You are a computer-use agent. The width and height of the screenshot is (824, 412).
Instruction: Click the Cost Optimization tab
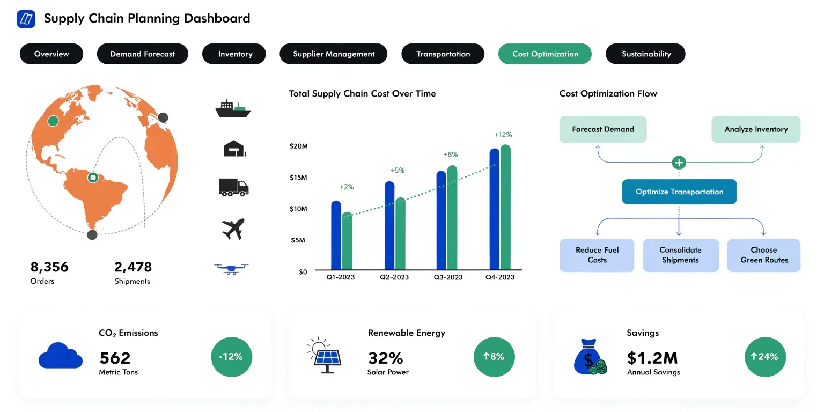pos(545,54)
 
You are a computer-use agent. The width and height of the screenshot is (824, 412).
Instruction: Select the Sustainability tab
pos(645,54)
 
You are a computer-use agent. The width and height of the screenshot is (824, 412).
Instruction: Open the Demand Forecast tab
pos(142,54)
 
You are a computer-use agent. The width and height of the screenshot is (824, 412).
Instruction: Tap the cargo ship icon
pos(233,109)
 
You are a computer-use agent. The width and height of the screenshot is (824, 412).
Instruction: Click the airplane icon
pos(233,229)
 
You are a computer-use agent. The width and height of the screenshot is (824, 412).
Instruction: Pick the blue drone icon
pos(231,268)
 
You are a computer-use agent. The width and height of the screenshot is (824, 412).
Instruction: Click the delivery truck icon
pos(233,187)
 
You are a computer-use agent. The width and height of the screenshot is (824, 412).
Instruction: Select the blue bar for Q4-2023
pos(495,209)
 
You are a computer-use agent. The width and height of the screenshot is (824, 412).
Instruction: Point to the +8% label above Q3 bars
pos(450,154)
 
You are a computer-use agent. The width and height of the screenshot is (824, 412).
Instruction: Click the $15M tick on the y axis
pos(298,178)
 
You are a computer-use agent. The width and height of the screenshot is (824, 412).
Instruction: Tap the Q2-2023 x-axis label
pos(394,277)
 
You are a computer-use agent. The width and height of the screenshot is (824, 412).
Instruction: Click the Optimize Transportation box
pos(679,192)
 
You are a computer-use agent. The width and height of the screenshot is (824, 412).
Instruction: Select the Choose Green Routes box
pos(764,255)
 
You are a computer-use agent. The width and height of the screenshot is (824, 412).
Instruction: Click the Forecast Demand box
pos(603,129)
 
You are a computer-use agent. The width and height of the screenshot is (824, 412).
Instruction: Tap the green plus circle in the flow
pos(679,162)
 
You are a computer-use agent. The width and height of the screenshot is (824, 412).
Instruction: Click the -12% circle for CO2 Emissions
pos(231,356)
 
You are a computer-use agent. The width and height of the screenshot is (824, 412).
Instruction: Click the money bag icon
pos(588,357)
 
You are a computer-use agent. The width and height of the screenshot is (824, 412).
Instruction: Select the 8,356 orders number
pos(49,267)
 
